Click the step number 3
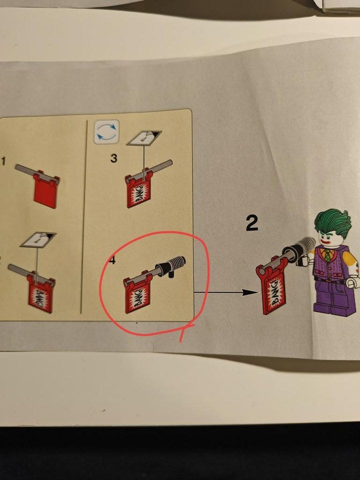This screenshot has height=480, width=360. pos(113,158)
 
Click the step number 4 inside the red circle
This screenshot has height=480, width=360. pos(112,260)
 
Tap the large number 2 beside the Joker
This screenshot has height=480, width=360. pos(251,223)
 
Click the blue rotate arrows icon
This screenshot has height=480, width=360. pos(106,132)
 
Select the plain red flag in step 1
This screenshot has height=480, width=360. pos(46,189)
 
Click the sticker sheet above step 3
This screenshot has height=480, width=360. pos(144,138)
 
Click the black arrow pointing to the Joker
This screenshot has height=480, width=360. pos(226,292)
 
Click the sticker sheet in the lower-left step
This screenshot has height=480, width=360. pos(38,239)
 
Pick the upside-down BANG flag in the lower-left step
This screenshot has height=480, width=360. pos(40,293)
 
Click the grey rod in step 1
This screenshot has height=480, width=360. pos(36,173)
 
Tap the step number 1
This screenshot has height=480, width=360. pos(3,161)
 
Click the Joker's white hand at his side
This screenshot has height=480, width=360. pos(352,281)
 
